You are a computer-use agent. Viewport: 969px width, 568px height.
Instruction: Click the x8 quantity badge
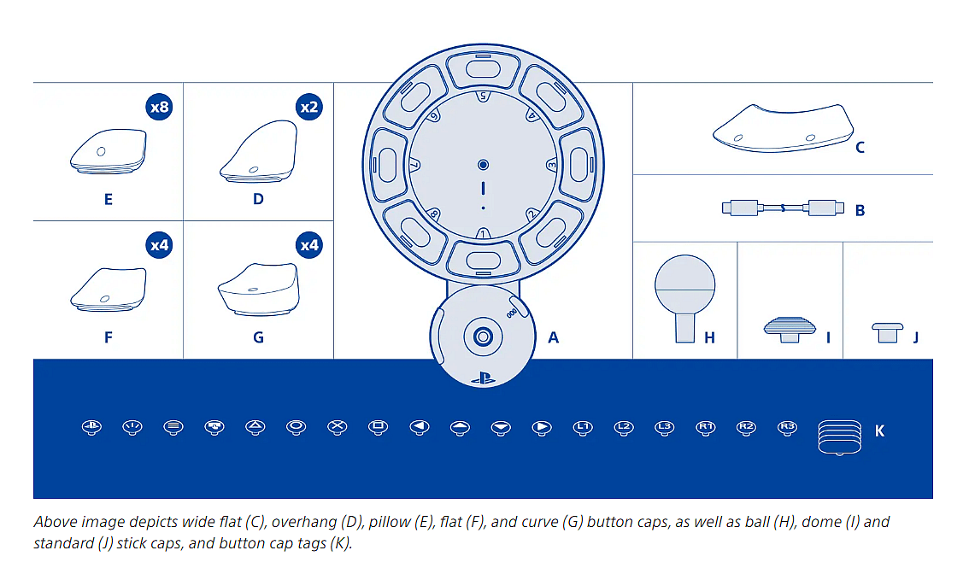[159, 108]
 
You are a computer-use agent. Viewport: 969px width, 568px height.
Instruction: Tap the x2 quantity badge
[308, 108]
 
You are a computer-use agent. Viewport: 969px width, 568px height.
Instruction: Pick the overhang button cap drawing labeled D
[258, 151]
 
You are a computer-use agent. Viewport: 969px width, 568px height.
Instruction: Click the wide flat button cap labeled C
[779, 126]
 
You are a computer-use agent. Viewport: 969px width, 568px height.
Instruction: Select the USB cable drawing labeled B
[782, 208]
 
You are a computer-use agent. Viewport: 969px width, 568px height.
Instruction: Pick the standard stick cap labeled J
[887, 331]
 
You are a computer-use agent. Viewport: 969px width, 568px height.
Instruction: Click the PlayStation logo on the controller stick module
[483, 376]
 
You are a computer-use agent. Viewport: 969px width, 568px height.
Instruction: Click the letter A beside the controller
[553, 337]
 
